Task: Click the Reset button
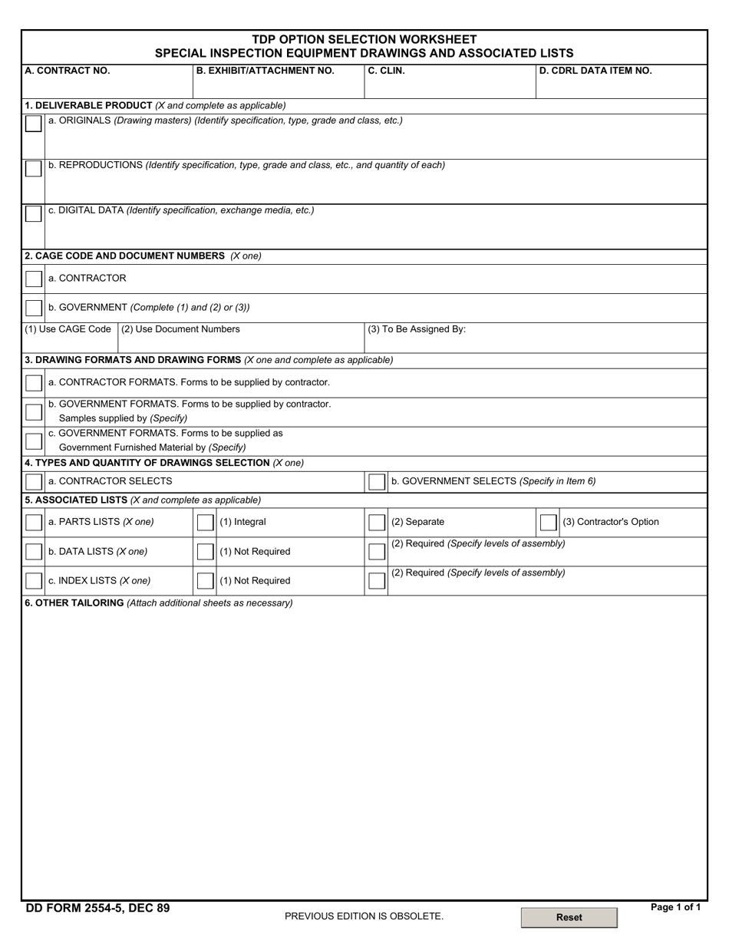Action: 569,917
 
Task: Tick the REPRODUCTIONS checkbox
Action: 33,169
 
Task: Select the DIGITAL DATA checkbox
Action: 33,214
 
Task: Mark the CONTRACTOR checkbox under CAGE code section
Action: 33,279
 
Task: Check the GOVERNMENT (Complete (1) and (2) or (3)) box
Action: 33,308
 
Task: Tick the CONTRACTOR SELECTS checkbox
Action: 33,482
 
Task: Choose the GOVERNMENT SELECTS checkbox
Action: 376,482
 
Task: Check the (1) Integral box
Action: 205,523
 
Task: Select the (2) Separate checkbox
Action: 376,523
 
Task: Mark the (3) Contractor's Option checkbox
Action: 548,523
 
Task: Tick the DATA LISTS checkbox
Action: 33,552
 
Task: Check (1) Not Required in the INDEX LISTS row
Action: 205,581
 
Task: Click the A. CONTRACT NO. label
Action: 68,71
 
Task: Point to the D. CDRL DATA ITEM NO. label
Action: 595,71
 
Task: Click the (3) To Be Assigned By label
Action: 417,329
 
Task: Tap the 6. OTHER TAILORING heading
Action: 74,603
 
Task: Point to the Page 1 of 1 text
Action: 675,907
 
